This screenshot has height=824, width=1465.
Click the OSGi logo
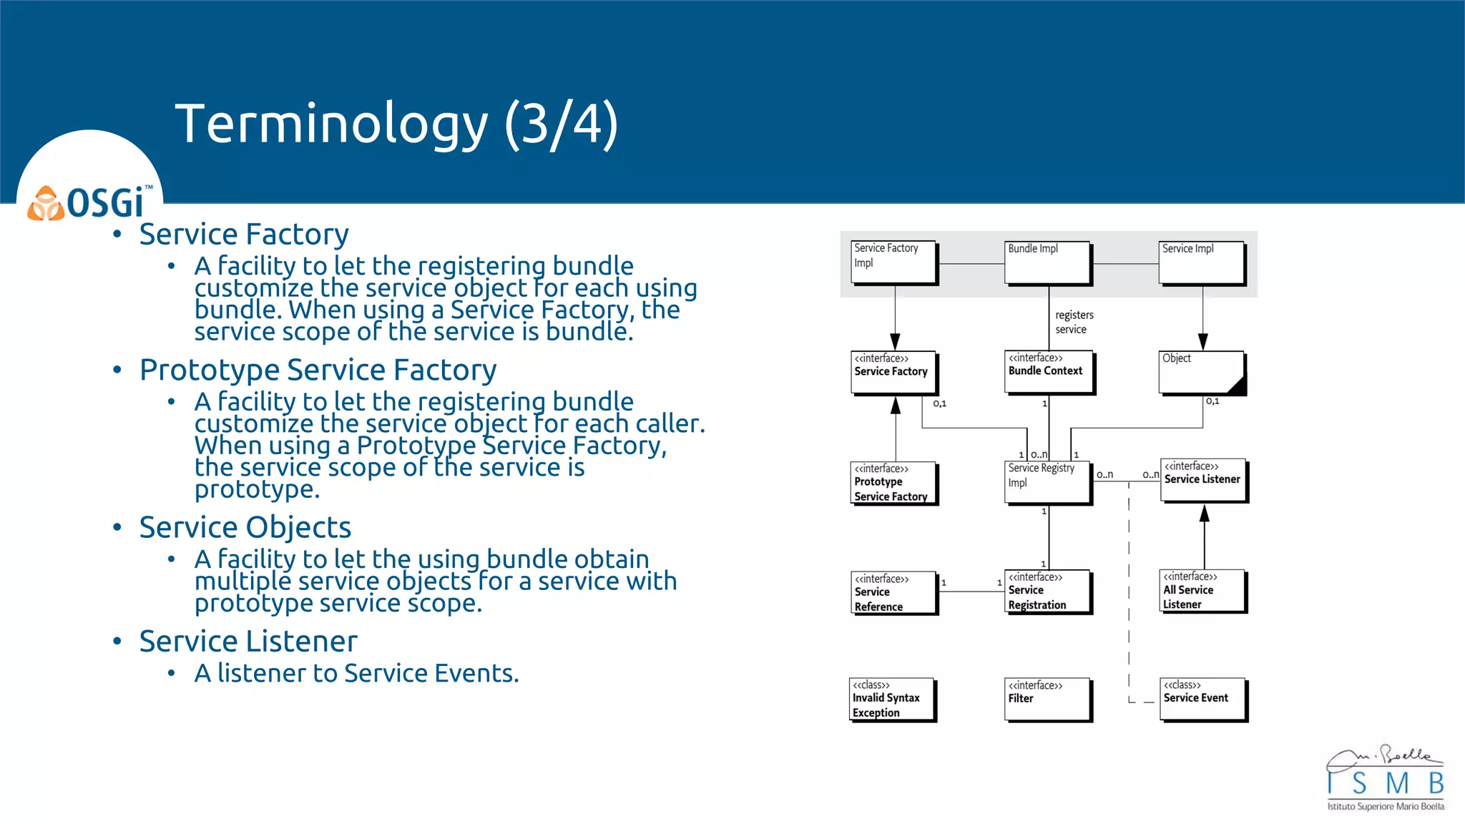click(90, 202)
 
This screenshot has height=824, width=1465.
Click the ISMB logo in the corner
click(1385, 779)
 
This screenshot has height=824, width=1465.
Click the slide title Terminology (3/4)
click(396, 124)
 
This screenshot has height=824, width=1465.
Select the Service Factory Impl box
click(894, 263)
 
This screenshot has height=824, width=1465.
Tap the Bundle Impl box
click(1048, 263)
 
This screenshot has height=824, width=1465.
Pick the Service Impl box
click(1202, 263)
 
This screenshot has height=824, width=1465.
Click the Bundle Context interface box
click(1049, 371)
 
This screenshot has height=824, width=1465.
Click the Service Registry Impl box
click(1048, 482)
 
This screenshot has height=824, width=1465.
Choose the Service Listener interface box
click(1204, 480)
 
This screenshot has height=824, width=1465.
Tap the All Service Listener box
click(1202, 590)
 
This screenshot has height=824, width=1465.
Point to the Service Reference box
click(893, 592)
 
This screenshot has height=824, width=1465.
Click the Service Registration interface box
click(1048, 591)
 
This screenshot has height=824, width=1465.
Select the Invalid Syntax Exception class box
click(892, 699)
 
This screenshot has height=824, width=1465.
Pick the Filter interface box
click(1048, 699)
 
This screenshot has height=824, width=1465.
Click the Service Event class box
click(1203, 699)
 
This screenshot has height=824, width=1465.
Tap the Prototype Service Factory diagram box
click(893, 483)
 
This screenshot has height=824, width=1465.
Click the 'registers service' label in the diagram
click(1074, 322)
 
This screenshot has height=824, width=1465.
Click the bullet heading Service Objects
click(245, 528)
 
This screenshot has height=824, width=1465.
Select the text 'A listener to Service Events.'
click(356, 673)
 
